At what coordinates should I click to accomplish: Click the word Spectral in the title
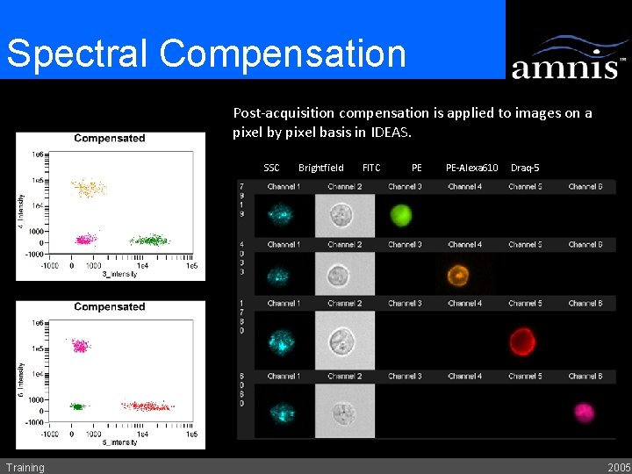coord(79,53)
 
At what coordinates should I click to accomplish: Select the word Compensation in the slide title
coord(284,53)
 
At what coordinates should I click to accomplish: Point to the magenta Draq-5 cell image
coord(584,412)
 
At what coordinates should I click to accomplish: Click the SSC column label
coord(271,168)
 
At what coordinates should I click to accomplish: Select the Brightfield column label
coord(321,168)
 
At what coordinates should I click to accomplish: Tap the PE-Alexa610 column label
coord(471,168)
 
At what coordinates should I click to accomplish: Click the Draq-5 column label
coord(524,168)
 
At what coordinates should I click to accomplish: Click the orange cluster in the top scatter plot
coord(88,187)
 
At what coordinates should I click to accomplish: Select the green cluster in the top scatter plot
coord(149,239)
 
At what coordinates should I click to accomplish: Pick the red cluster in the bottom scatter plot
coord(147,406)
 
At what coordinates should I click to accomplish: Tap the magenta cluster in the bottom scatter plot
coord(81,346)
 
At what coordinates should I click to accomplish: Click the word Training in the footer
coord(25,467)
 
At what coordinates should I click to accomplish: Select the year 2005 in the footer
coord(618,467)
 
